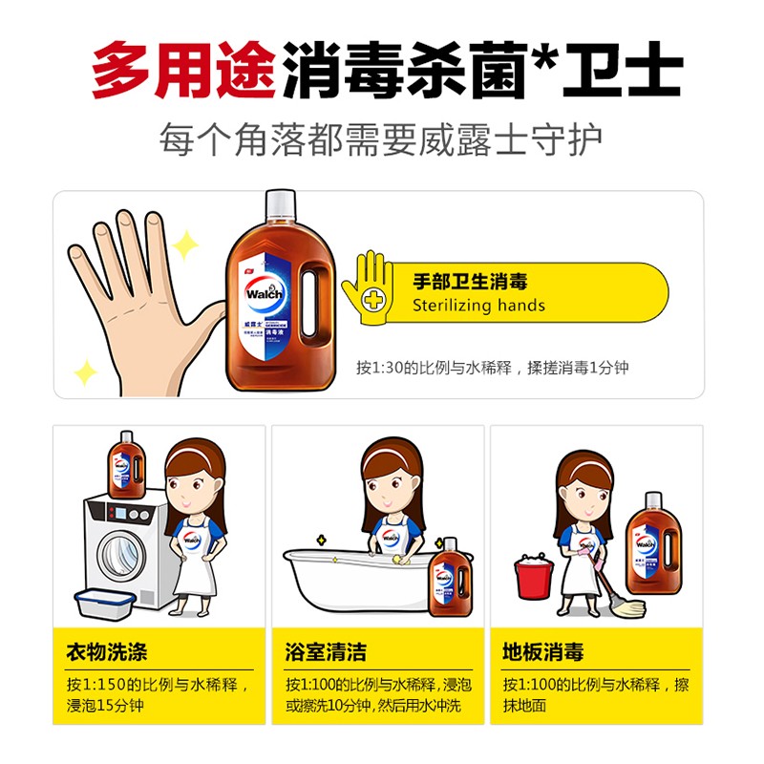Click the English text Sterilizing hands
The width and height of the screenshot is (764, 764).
(x=478, y=306)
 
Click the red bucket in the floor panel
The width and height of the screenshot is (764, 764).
(x=532, y=577)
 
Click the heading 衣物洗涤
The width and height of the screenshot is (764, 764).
(x=106, y=653)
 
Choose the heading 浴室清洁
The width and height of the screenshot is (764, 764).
(x=325, y=653)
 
